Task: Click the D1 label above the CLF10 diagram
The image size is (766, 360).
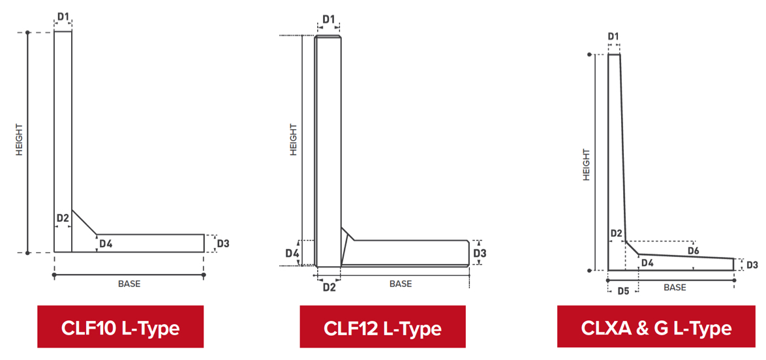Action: coord(63,16)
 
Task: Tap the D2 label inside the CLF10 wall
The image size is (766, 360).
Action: coord(63,218)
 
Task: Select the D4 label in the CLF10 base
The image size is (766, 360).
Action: coord(106,243)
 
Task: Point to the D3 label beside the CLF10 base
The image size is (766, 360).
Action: coord(223,243)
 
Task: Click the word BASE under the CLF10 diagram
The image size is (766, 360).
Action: coord(129,284)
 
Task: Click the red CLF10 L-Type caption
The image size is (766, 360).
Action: coord(120,327)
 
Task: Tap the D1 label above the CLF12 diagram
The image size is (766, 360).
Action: coord(329,20)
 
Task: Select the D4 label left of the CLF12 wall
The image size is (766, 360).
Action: coord(292,253)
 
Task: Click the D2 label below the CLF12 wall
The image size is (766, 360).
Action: coord(329,287)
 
